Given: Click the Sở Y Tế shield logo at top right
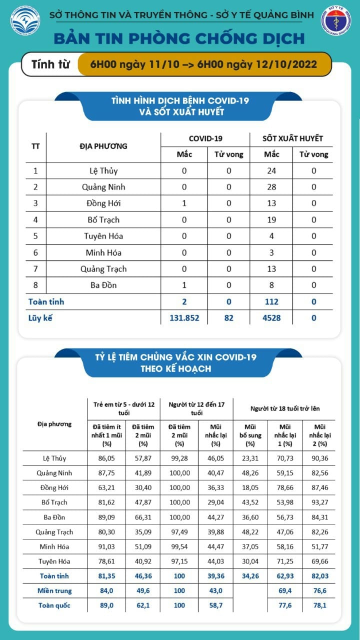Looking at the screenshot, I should pos(335,21).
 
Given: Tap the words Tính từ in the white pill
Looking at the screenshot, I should pos(50,64).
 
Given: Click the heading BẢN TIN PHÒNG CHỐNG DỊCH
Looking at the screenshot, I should pos(178,38).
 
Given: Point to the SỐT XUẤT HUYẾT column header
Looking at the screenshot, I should pos(292,138).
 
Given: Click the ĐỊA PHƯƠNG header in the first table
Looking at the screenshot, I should pos(103,146).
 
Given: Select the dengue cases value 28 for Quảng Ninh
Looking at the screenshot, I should pos(271,187).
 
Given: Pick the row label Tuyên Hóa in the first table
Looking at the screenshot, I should pos(104,236).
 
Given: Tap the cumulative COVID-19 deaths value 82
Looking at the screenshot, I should pos(229,318).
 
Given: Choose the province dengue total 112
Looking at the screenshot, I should pos(271,301).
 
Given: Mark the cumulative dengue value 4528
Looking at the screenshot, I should pos(271,318).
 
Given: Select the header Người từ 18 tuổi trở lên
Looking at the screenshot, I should pos(284,408).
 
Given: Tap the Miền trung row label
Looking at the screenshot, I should pos(55,590).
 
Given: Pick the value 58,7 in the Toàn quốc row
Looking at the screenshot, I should pos(215,605).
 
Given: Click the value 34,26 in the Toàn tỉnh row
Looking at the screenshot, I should pos(250,576).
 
